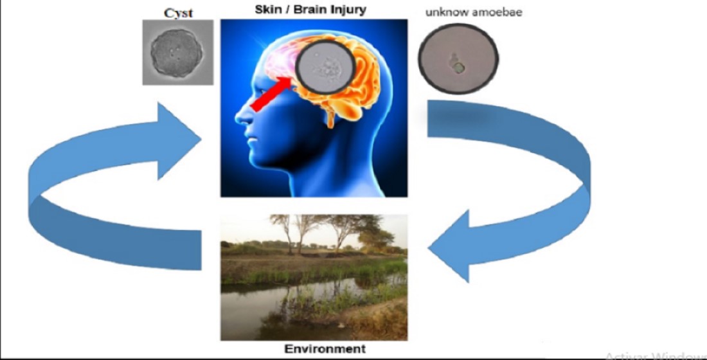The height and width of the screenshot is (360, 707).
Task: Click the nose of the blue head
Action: [x=239, y=118]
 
